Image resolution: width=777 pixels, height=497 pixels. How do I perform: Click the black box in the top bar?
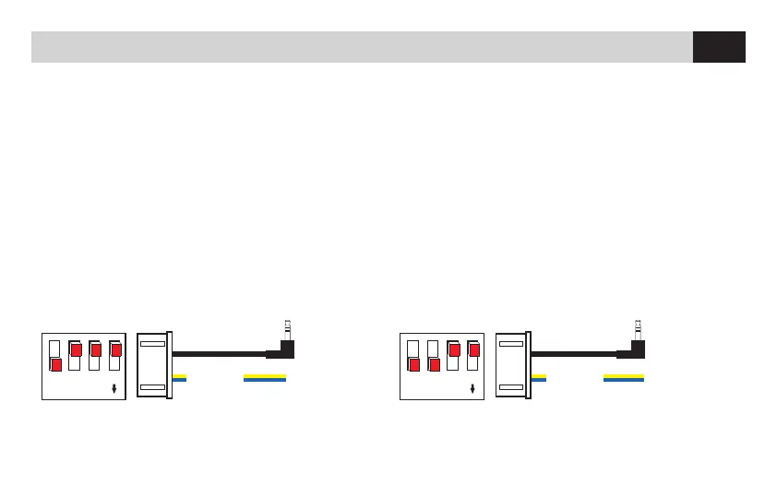point(719,47)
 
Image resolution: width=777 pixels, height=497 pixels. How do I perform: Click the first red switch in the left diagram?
point(56,365)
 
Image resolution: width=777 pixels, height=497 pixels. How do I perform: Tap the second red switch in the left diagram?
point(76,350)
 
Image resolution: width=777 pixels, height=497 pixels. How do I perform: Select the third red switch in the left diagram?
point(95,350)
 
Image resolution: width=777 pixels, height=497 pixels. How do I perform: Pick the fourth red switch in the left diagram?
point(115,350)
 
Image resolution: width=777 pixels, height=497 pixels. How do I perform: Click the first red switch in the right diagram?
point(414,365)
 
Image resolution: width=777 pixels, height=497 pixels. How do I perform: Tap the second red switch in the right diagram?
point(434,365)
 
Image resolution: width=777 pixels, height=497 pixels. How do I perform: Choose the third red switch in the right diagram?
point(454,350)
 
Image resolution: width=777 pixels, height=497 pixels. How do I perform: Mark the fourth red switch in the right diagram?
point(473,350)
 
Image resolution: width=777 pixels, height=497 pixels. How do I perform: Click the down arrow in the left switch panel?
point(114,388)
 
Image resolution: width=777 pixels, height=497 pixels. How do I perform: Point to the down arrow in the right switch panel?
point(472,388)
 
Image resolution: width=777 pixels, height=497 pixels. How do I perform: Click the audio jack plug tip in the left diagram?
point(288,325)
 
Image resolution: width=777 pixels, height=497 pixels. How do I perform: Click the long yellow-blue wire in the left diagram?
point(264,377)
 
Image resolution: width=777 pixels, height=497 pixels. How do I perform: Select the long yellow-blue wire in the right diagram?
point(623,377)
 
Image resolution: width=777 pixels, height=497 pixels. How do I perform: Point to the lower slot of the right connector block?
point(510,386)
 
